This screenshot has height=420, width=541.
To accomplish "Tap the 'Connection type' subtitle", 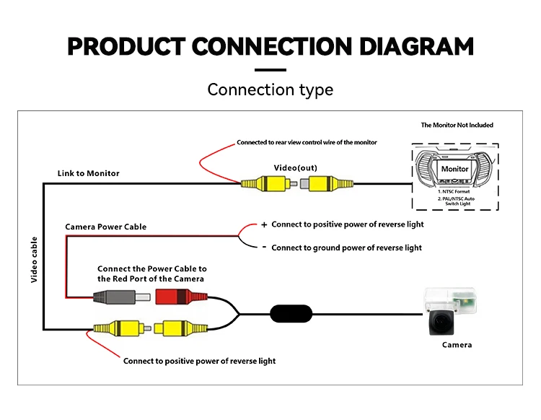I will (270, 89).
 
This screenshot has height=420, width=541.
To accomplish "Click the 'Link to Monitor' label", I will (89, 173).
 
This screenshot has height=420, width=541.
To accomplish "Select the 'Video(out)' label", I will (295, 168).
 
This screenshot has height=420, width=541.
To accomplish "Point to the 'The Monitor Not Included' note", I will (457, 125).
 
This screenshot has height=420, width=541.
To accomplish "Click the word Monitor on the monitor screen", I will (454, 169).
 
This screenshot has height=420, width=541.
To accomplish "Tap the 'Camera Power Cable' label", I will (106, 227).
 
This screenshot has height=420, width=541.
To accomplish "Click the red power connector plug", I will (172, 296).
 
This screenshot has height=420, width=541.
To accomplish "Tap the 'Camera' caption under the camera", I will (457, 345).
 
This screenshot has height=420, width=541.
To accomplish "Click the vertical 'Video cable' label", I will (34, 258).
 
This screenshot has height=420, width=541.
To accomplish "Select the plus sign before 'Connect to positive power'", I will (264, 224).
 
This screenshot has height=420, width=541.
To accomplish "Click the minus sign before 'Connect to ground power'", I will (264, 248).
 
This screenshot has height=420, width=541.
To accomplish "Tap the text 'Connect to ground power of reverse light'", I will (347, 248).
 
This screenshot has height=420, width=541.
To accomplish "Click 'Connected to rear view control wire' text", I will (307, 142).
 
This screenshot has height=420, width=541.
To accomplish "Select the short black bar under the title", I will (270, 69).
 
